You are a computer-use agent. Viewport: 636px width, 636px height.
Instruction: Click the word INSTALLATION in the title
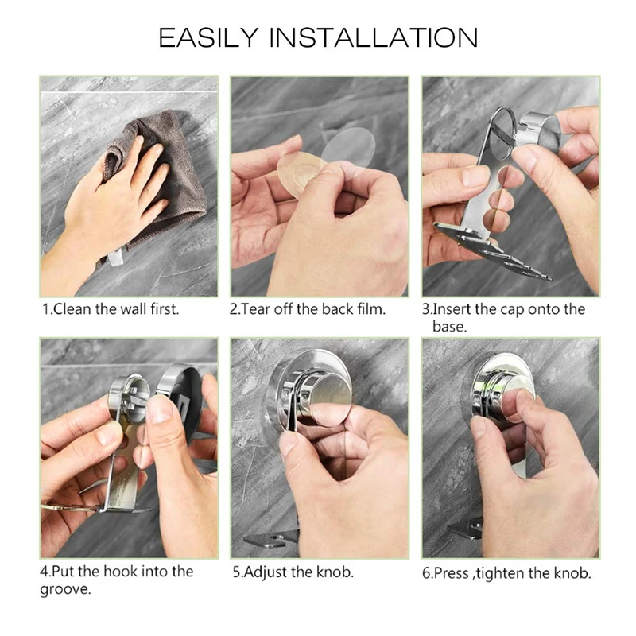click(373, 37)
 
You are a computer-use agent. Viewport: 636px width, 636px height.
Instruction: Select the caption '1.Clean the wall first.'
click(111, 309)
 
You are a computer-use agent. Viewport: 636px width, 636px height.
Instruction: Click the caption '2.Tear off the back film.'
click(308, 309)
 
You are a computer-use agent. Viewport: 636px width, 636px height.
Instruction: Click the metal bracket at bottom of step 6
click(468, 528)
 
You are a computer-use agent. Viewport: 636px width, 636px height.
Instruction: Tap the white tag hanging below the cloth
click(115, 256)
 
